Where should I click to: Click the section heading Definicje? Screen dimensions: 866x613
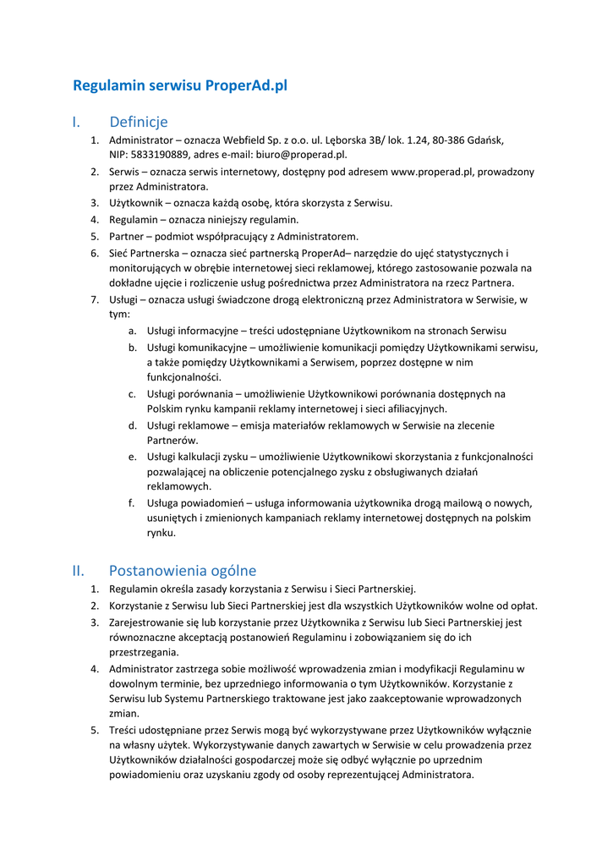pos(139,123)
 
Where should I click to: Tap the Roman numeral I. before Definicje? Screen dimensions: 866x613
pos(76,123)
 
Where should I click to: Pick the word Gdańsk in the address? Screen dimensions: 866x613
pos(486,140)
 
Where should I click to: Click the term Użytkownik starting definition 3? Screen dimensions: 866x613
pos(138,203)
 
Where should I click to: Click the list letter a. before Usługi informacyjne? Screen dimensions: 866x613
pos(133,331)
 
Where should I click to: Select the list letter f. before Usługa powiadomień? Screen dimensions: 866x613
pos(132,502)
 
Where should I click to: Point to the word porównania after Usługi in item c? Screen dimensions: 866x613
pos(208,393)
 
